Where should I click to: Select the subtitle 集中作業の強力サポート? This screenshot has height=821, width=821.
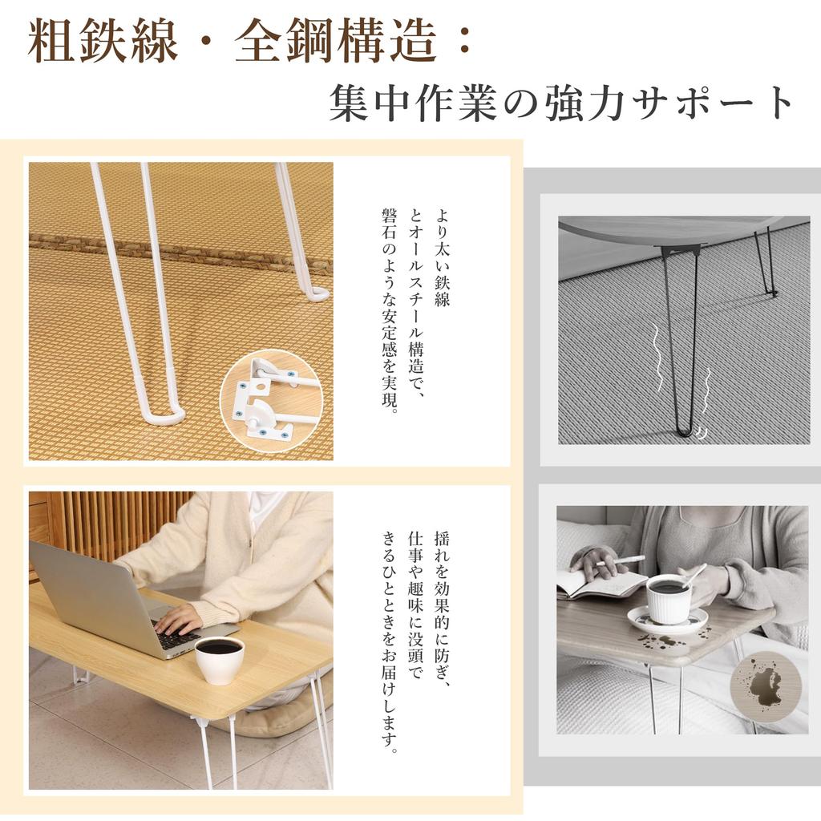tap(561, 104)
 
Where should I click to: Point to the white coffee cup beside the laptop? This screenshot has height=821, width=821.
tap(219, 659)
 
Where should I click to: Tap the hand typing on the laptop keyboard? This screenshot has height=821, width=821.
tap(180, 618)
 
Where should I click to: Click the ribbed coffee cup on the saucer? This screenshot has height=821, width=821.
tap(668, 598)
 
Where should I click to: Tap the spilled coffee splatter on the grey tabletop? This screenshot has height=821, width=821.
tap(662, 641)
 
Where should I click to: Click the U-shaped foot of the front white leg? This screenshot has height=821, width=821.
tap(164, 415)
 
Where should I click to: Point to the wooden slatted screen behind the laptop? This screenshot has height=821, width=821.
tap(120, 521)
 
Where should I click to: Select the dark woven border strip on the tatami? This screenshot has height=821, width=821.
tap(180, 251)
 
